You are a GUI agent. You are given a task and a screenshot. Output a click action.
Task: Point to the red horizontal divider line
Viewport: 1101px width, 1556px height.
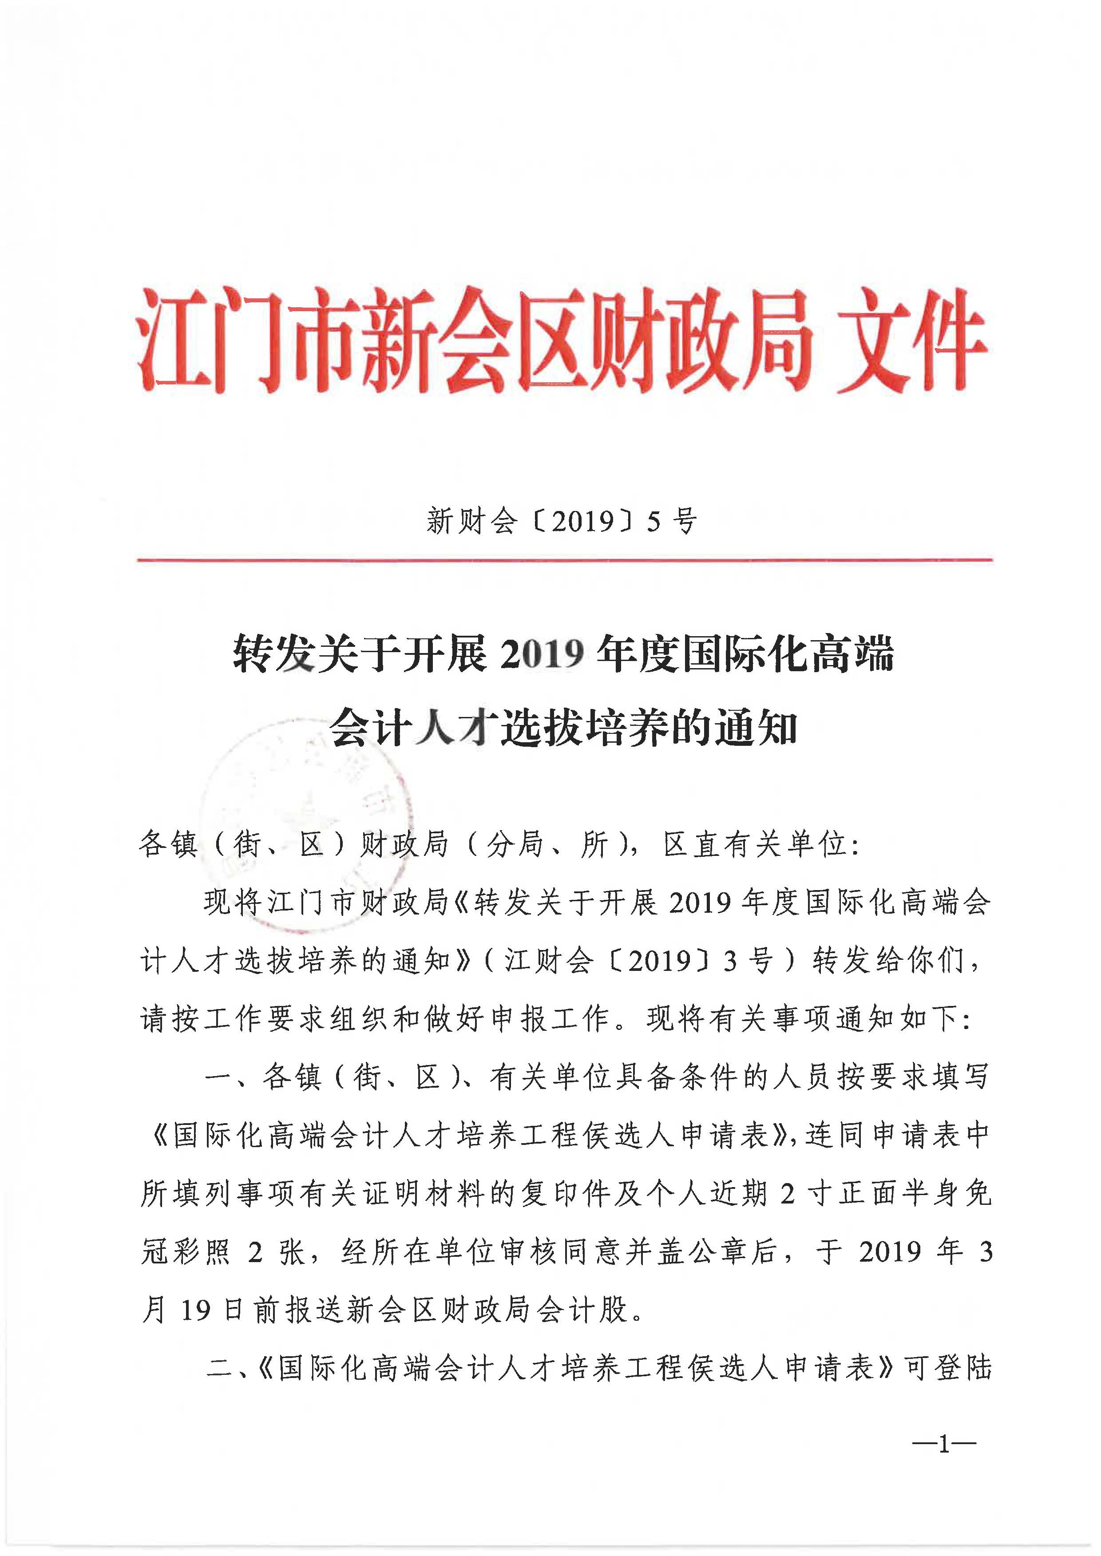(x=564, y=560)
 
